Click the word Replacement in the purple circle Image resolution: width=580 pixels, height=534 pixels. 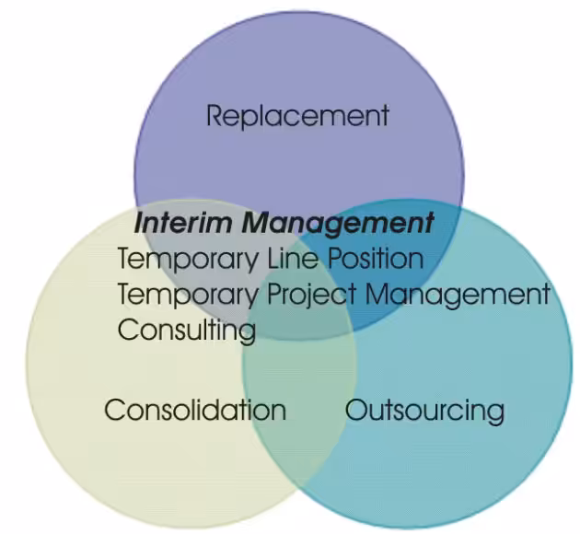(297, 116)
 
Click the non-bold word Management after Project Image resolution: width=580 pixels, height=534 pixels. (457, 295)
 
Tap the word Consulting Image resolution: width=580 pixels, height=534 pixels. (186, 329)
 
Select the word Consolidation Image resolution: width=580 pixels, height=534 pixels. (195, 410)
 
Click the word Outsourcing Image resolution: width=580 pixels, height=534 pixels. (424, 410)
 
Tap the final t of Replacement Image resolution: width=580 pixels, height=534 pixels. (384, 117)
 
